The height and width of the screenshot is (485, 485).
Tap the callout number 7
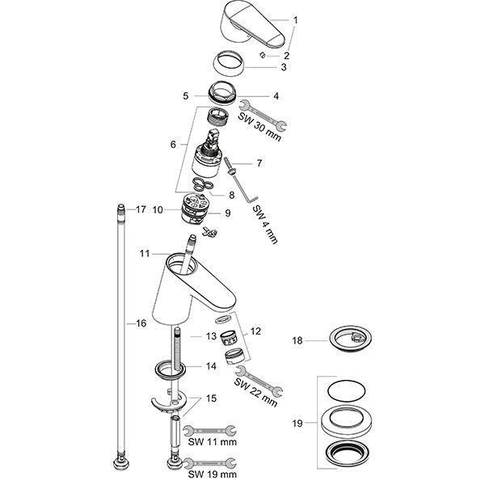pyautogui.click(x=259, y=163)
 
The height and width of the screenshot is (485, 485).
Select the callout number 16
pyautogui.click(x=140, y=323)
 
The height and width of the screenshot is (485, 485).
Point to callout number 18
pyautogui.click(x=298, y=341)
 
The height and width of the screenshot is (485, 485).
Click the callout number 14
pyautogui.click(x=210, y=365)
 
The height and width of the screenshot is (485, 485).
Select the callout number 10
pyautogui.click(x=158, y=209)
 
